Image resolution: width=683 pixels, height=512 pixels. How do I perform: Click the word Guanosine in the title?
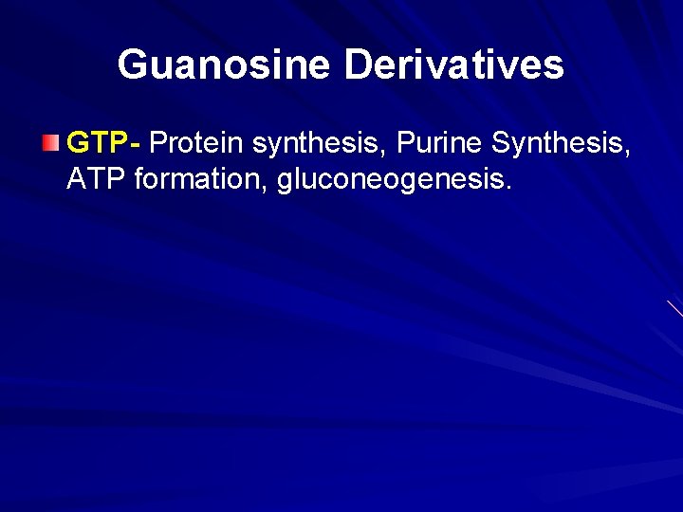click(224, 64)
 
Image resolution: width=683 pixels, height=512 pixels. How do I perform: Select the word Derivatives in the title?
click(453, 64)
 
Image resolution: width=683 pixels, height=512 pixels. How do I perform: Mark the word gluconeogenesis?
click(390, 179)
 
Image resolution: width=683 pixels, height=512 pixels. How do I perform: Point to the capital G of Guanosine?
click(132, 64)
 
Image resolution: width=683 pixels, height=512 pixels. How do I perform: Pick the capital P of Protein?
click(157, 143)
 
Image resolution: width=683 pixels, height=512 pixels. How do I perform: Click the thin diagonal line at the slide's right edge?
click(674, 308)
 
